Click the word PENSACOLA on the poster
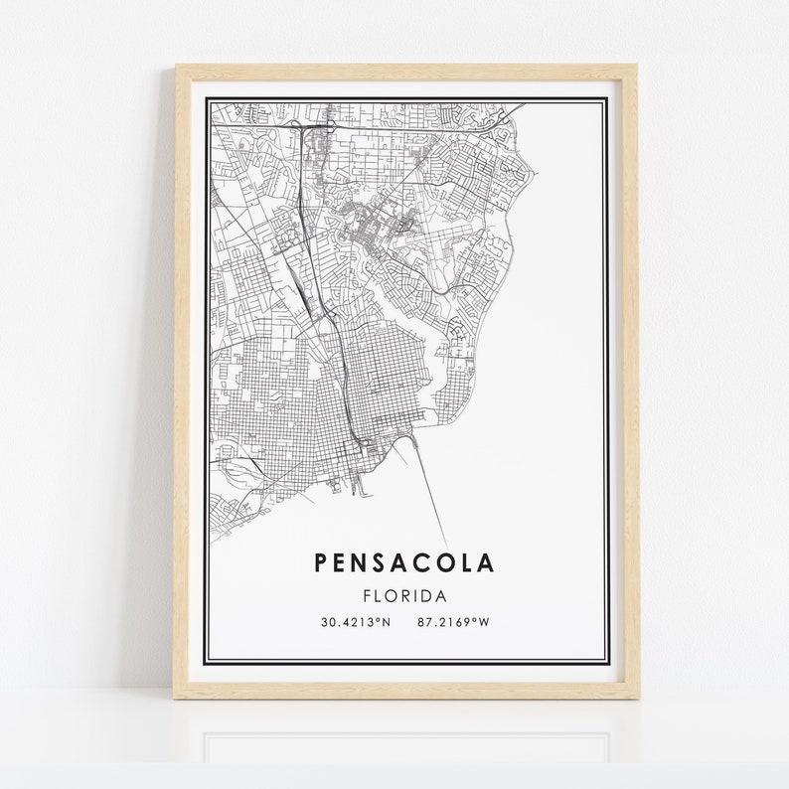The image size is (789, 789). pyautogui.click(x=404, y=563)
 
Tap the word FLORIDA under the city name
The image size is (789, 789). pyautogui.click(x=404, y=596)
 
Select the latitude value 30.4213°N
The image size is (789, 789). pyautogui.click(x=355, y=623)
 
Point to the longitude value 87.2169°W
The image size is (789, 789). pyautogui.click(x=455, y=623)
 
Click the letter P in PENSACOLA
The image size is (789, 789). pyautogui.click(x=322, y=563)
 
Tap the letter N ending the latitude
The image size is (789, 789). pyautogui.click(x=387, y=623)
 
